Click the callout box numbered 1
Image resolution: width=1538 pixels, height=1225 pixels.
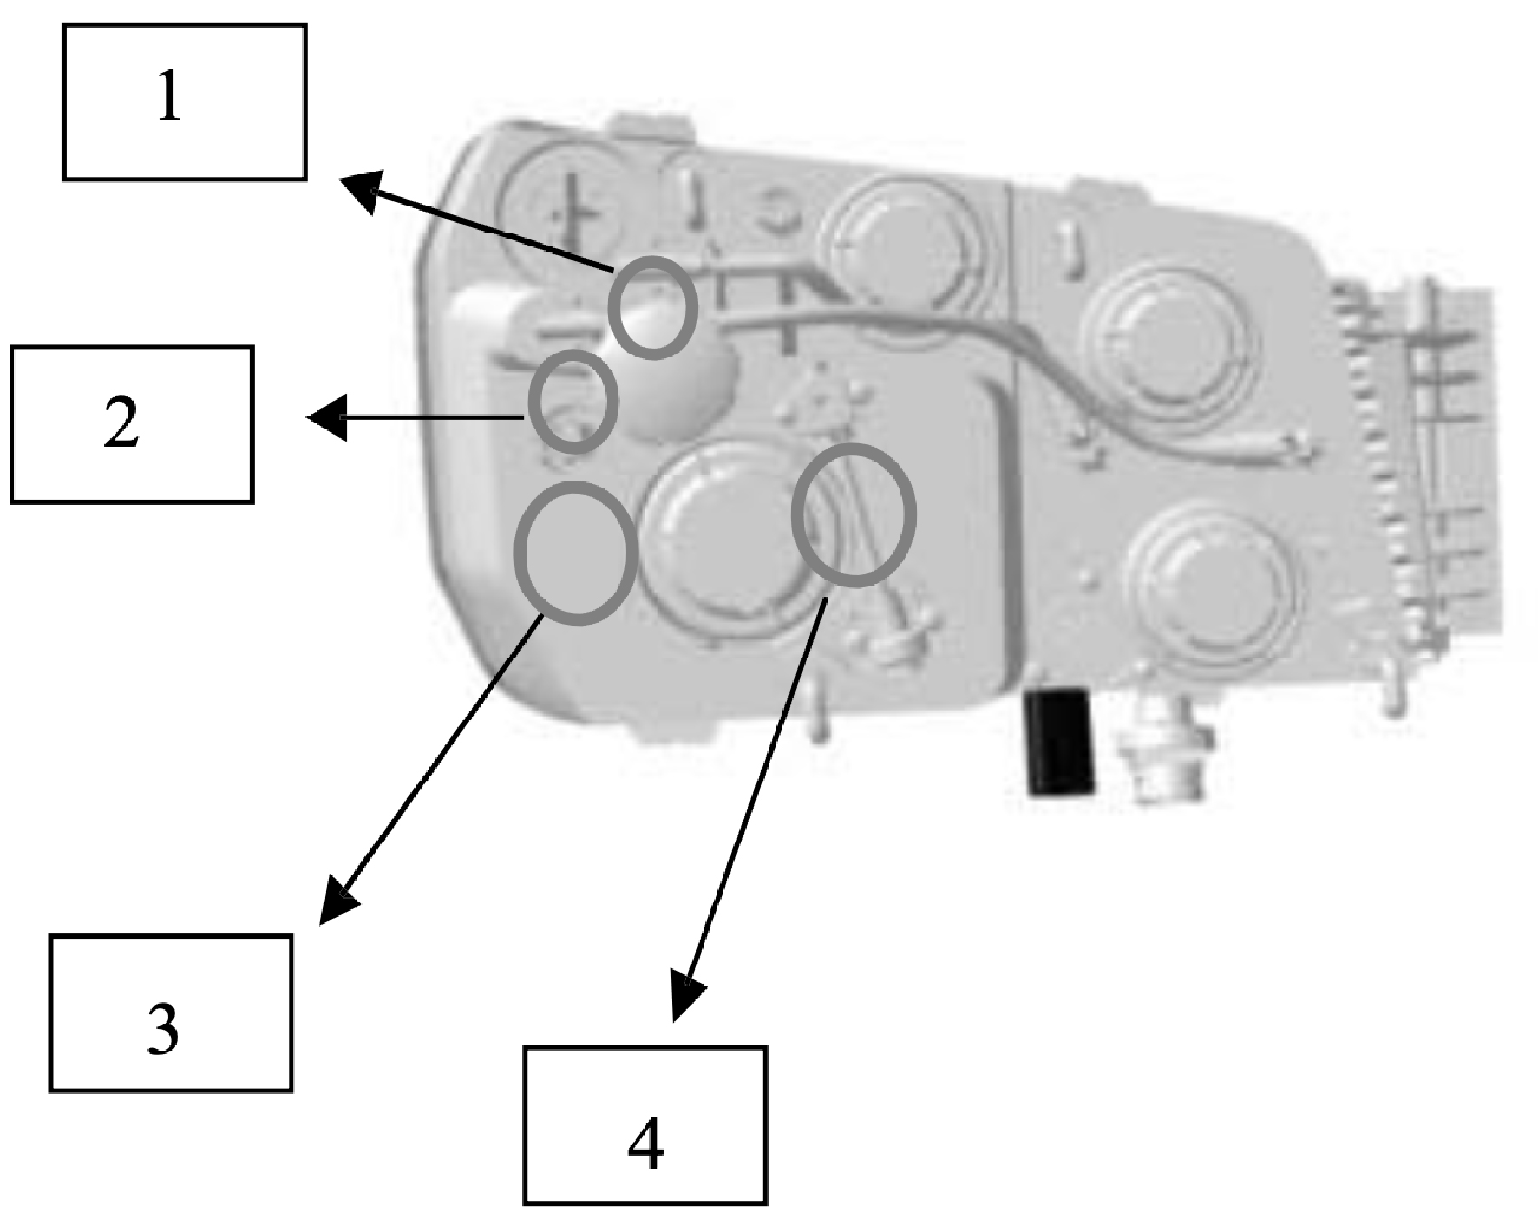pyautogui.click(x=184, y=102)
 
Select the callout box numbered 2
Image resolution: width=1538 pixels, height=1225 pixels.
pyautogui.click(x=132, y=424)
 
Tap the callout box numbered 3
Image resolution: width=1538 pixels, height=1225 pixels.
pyautogui.click(x=170, y=1012)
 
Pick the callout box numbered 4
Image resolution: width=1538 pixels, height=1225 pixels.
pyautogui.click(x=645, y=1124)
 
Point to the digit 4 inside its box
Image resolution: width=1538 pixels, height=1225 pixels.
pyautogui.click(x=645, y=1145)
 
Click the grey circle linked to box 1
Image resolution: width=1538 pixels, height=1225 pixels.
pyautogui.click(x=652, y=307)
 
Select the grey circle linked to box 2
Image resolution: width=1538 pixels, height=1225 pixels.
pyautogui.click(x=573, y=402)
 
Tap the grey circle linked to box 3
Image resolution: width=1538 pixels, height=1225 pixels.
pyautogui.click(x=576, y=552)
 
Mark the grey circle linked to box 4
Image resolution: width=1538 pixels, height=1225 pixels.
pyautogui.click(x=854, y=514)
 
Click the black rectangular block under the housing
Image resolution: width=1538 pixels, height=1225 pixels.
pyautogui.click(x=1060, y=742)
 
